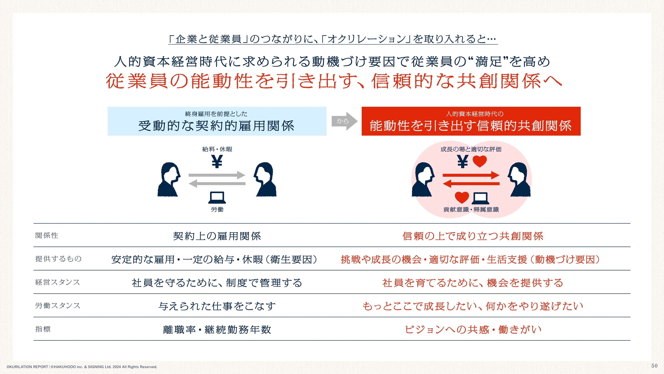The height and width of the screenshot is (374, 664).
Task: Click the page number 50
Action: [654, 366]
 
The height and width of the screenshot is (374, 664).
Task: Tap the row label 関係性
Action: [47, 235]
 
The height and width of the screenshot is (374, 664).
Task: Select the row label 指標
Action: [43, 329]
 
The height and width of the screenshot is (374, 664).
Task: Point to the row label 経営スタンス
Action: [58, 282]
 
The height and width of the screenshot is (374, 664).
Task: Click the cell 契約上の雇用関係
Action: [217, 236]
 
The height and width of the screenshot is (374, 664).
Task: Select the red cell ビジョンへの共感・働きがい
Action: [473, 330]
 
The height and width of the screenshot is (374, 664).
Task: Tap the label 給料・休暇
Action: [217, 149]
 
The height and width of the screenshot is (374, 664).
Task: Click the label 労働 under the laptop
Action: [217, 209]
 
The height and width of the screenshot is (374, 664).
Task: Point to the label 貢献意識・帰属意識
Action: [471, 209]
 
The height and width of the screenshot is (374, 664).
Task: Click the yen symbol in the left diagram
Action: [217, 162]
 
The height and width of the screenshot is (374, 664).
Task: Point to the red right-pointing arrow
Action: [471, 175]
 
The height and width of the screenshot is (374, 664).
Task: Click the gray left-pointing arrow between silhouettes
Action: [217, 184]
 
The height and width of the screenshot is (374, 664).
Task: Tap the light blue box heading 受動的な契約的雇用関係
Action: [217, 121]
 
